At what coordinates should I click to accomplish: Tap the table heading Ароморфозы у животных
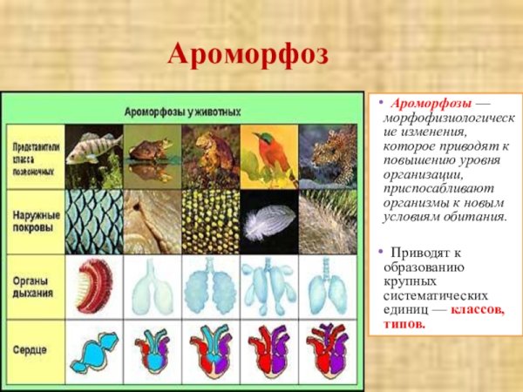[x=182, y=112]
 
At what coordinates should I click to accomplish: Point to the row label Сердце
[x=31, y=349]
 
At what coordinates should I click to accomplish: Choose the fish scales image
[x=92, y=221]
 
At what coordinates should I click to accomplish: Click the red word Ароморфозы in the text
[x=425, y=105]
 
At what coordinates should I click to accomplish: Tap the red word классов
[x=477, y=310]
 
